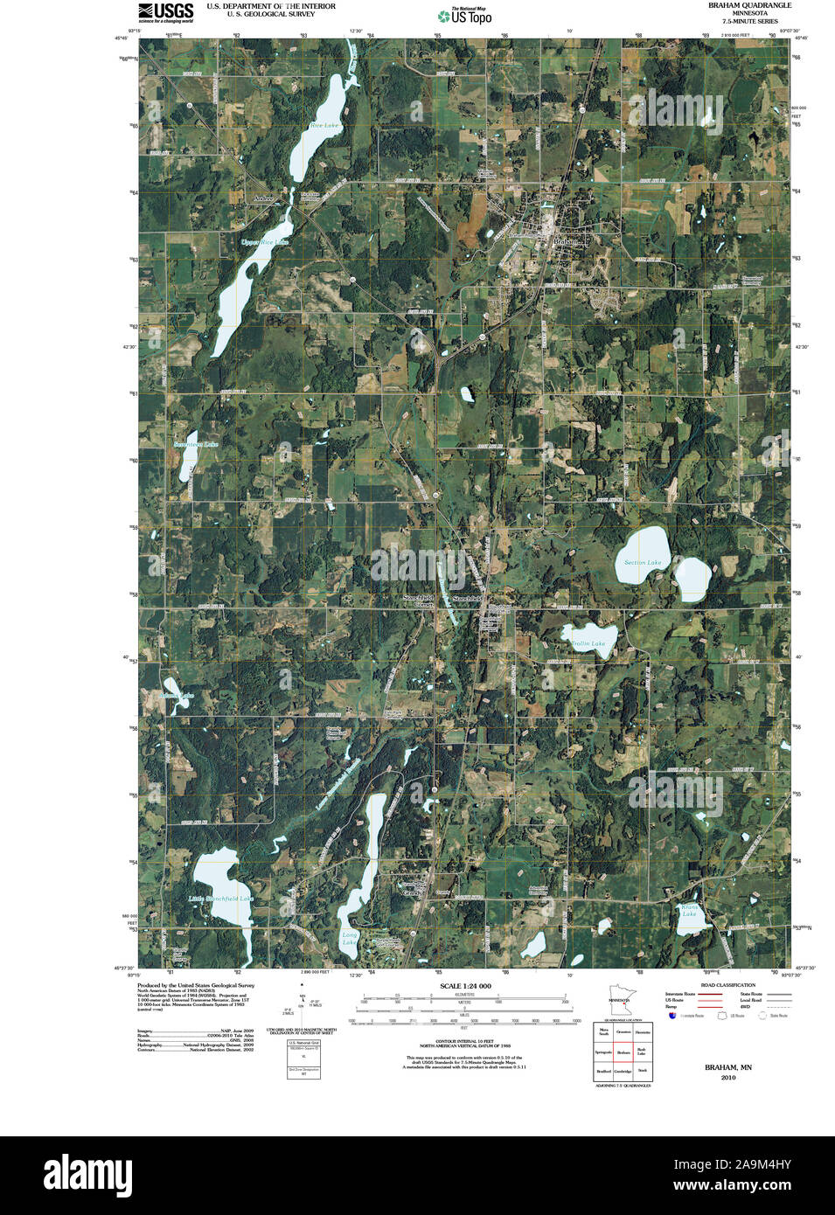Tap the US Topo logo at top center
[x=465, y=16]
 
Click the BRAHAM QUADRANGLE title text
[x=749, y=5]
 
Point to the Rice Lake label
[x=324, y=126]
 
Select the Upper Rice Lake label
[x=264, y=242]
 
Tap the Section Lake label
[x=643, y=562]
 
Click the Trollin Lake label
[x=589, y=643]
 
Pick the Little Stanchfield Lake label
[x=220, y=899]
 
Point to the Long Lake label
[x=350, y=939]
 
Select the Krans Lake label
[x=689, y=911]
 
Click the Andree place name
[x=263, y=199]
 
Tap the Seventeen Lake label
[x=196, y=444]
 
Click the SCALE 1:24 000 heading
[x=465, y=986]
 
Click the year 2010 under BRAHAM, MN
[x=728, y=1078]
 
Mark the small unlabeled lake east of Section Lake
[x=692, y=575]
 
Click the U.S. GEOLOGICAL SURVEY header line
[x=270, y=14]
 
